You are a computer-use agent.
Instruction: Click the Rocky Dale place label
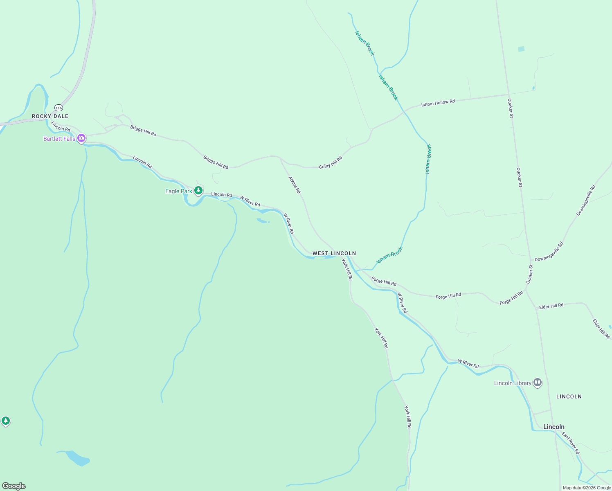pos(50,116)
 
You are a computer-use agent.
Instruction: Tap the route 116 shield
pos(59,108)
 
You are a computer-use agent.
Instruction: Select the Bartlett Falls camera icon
pos(81,138)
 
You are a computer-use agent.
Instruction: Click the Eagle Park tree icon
pos(198,190)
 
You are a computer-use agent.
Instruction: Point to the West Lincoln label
pos(334,253)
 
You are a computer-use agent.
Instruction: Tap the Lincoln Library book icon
pos(538,383)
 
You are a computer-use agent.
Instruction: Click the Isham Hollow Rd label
pos(438,103)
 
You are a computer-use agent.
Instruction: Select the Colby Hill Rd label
pos(331,162)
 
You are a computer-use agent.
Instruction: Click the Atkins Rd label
pos(295,185)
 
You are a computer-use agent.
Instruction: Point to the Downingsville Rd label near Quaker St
pos(549,251)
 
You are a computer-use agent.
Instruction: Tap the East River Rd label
pos(571,443)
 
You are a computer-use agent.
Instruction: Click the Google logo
pos(14,486)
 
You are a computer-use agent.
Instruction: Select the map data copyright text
pos(587,488)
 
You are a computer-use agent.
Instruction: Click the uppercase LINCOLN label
pos(569,396)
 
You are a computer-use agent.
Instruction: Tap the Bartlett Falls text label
pos(59,139)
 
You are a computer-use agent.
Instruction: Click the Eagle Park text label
pos(178,191)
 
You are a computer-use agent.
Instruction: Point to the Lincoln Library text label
pos(513,383)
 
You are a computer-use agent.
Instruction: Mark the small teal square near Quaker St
pos(521,49)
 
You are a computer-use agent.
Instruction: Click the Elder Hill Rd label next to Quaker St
pos(551,306)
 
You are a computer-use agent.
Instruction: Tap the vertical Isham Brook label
pos(428,159)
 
